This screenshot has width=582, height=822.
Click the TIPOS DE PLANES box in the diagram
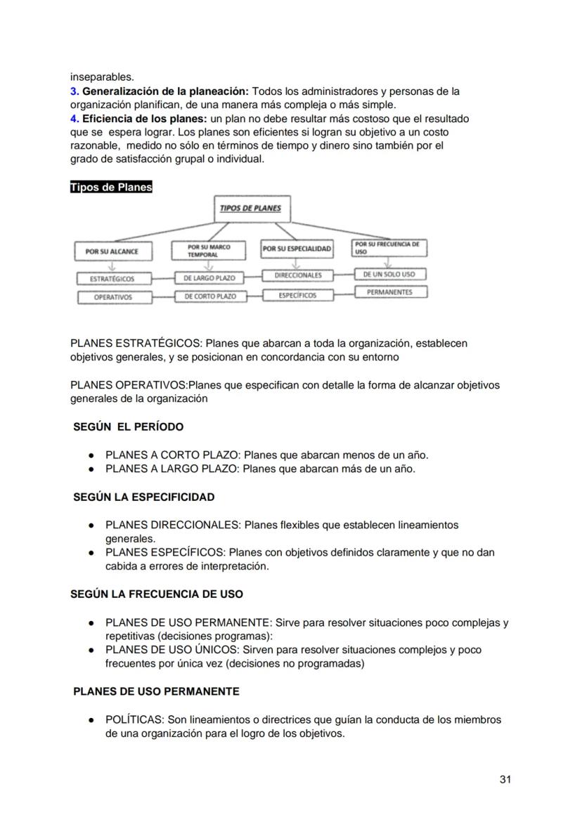coord(250,209)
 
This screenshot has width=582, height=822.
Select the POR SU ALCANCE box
coord(112,251)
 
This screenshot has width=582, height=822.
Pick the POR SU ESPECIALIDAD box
coord(296,249)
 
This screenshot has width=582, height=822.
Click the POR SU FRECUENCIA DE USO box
coord(389,248)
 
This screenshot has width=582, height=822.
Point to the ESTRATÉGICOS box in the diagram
coord(112,279)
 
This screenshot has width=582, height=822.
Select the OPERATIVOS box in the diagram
coord(112,297)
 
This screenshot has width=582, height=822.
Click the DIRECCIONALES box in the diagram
coord(297,275)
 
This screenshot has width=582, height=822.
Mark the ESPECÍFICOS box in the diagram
coord(297,295)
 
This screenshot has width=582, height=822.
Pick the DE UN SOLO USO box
coord(389,274)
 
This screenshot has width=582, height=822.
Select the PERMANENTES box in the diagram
coord(389,292)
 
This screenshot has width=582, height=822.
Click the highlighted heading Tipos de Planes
coord(111,188)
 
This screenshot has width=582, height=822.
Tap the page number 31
coord(505,779)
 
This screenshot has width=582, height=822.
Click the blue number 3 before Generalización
coord(73,91)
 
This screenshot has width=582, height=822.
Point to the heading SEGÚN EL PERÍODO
coord(128,426)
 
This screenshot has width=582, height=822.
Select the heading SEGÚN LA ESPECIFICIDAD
coord(143,497)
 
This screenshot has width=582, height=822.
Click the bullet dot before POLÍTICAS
coord(91,720)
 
